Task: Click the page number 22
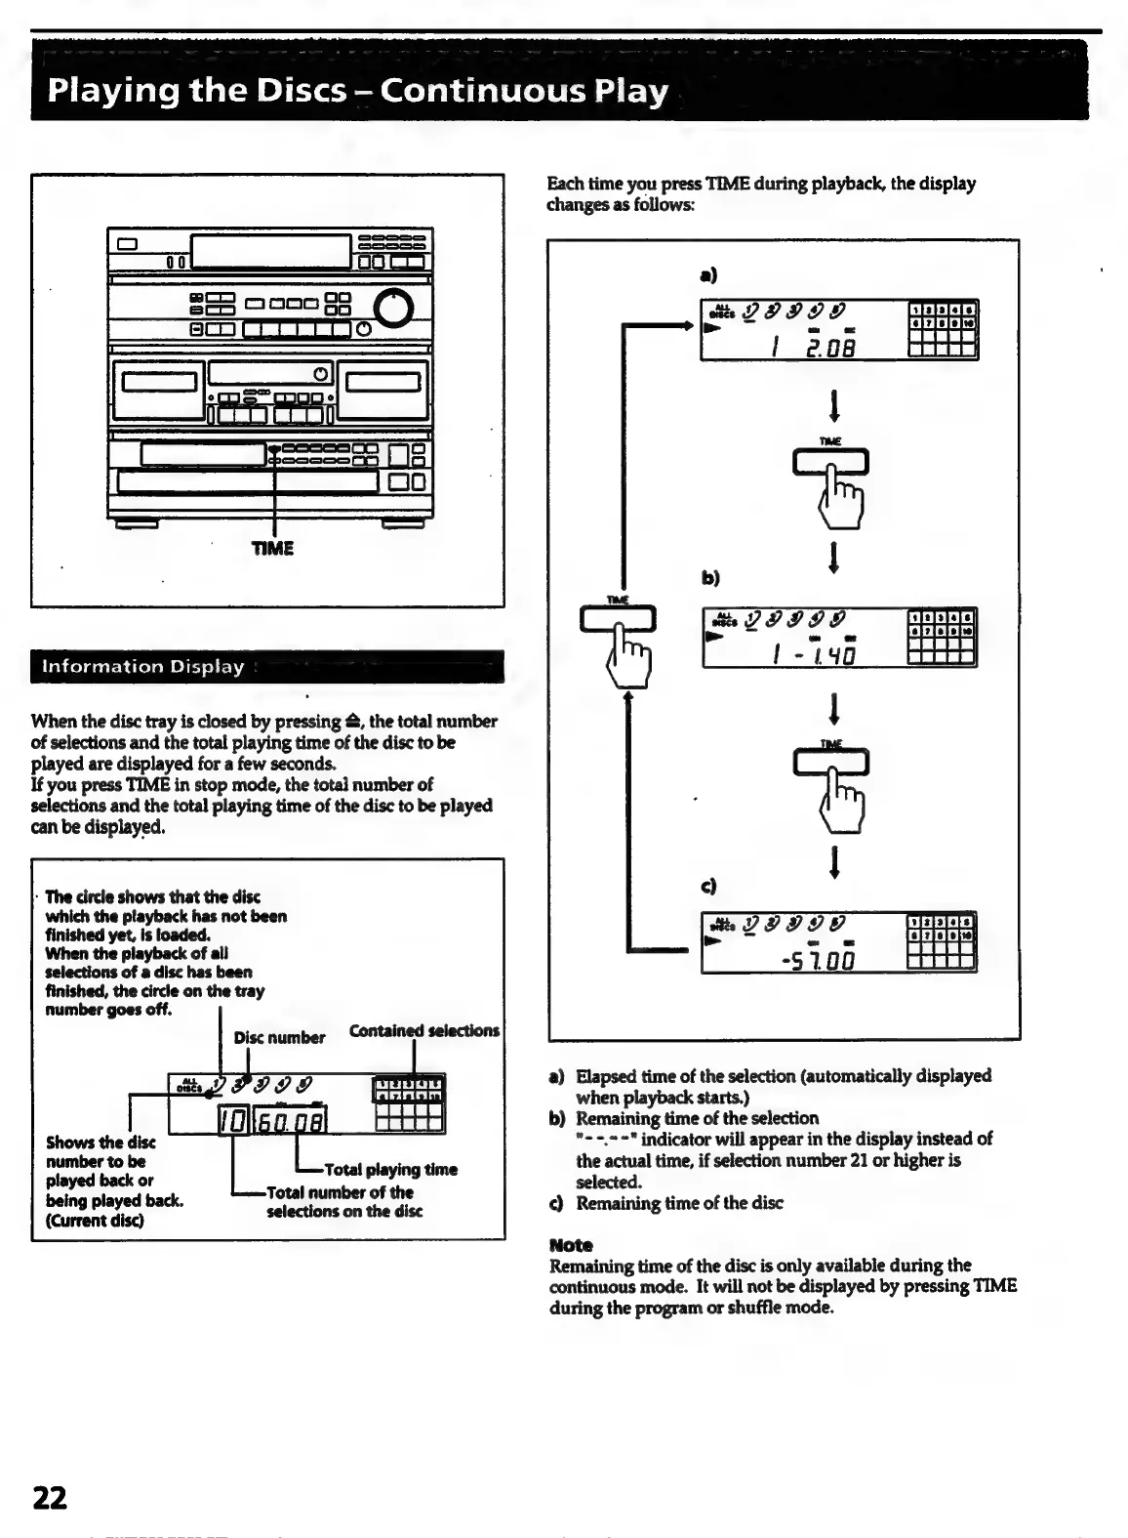[51, 1497]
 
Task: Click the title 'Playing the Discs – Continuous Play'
[358, 91]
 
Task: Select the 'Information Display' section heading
[142, 667]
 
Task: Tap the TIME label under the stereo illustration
[272, 548]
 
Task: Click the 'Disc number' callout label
[279, 1037]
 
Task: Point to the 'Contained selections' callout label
[423, 1030]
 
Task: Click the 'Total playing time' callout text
[390, 1169]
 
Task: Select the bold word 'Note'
[571, 1245]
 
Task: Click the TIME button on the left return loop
[618, 619]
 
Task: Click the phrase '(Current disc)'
[95, 1221]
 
